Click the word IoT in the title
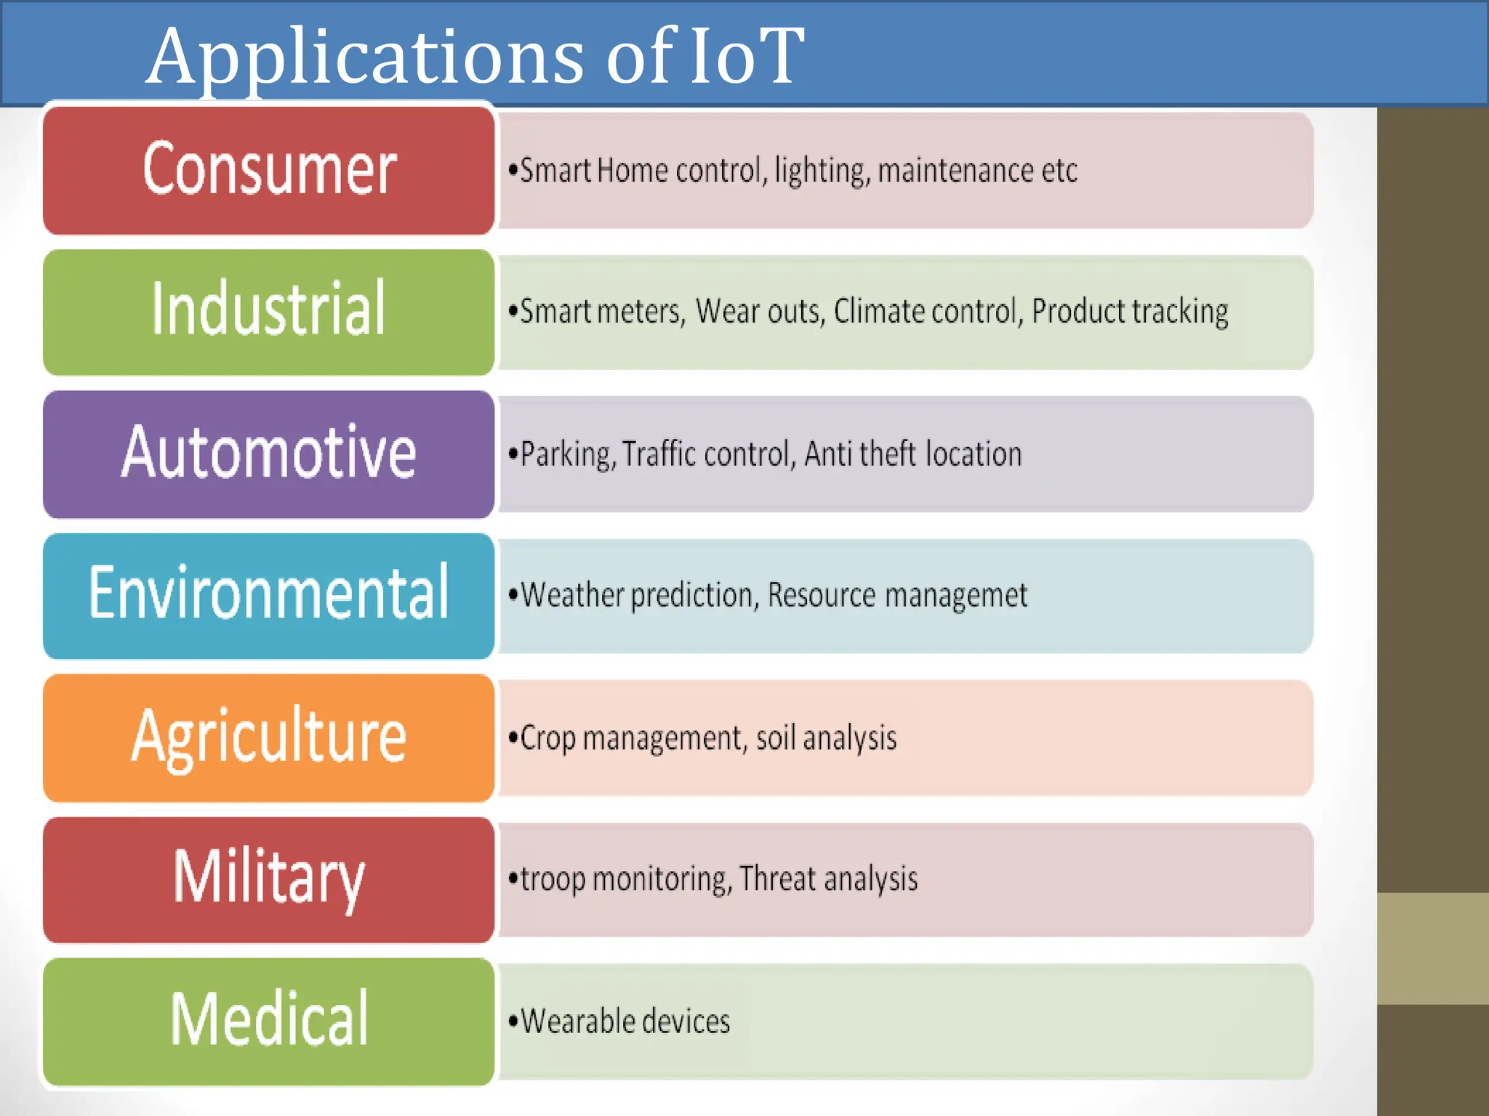coord(747,57)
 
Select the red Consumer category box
coord(269,170)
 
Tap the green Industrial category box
coord(269,311)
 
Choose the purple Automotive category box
coord(269,453)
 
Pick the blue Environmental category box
coord(269,595)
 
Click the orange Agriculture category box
coord(269,737)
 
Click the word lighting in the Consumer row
coord(821,171)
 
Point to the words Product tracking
coord(1130,312)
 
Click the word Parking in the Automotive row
coord(568,455)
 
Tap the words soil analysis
coord(826,738)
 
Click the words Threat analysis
coord(829,879)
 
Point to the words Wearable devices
coord(625,1022)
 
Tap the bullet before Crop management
coord(513,737)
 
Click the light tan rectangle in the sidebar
coord(1432,948)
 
